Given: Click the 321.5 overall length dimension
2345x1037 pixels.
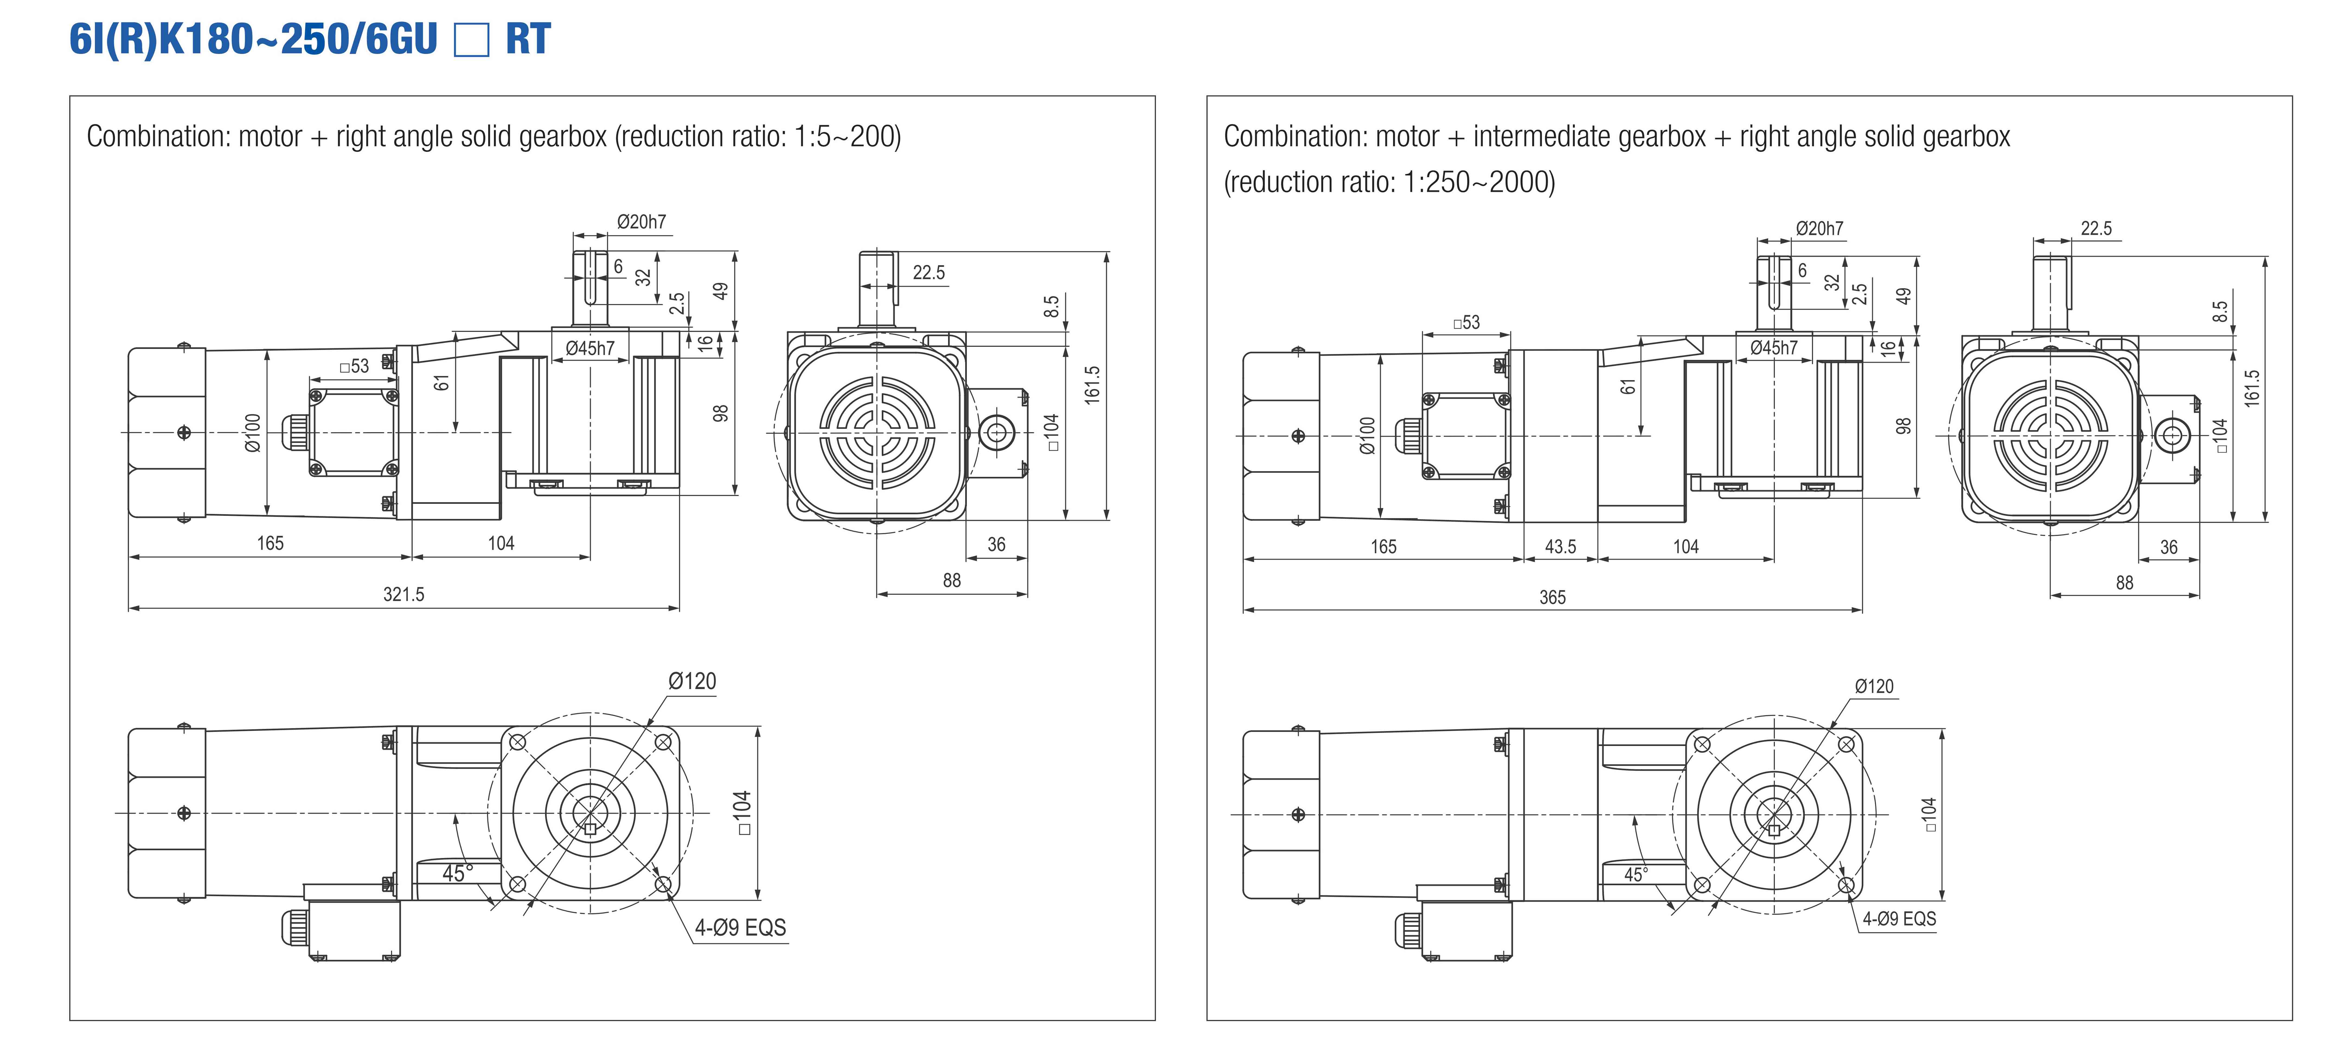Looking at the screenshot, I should [x=403, y=595].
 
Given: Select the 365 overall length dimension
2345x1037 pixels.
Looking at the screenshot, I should [x=1552, y=597].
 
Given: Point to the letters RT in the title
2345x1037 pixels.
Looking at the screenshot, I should [x=528, y=39].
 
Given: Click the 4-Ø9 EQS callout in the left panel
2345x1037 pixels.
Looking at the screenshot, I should [x=740, y=928].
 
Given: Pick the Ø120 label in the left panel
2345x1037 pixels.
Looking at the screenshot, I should [x=692, y=681].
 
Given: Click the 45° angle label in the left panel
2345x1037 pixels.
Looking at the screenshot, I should [x=457, y=873].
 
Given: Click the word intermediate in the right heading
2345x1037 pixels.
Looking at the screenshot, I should [x=1588, y=136].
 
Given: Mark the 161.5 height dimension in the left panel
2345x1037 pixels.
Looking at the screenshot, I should [x=1093, y=384].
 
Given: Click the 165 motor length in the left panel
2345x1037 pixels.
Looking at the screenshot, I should [x=270, y=544].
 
